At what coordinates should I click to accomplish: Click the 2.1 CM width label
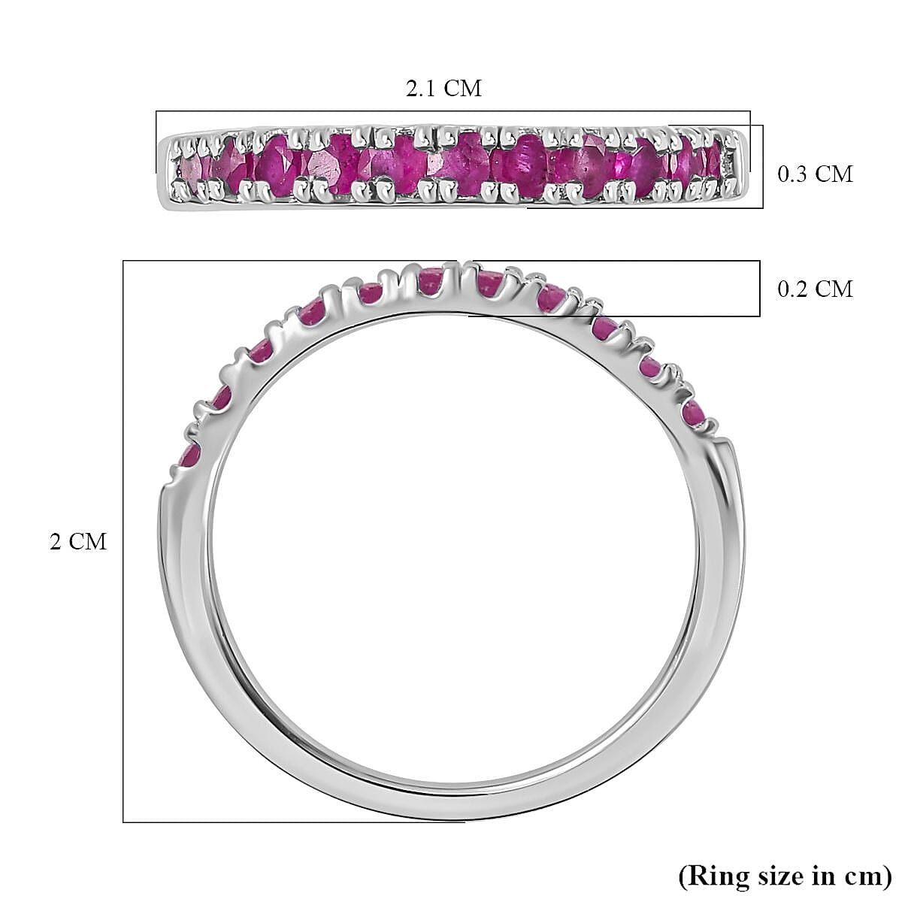(x=443, y=89)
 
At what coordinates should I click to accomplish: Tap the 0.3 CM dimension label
(x=815, y=174)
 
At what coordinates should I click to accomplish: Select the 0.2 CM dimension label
(x=815, y=289)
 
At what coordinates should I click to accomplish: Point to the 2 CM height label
(x=78, y=541)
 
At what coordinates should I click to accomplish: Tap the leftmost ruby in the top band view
(x=189, y=168)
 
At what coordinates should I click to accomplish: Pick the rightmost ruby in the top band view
(x=713, y=160)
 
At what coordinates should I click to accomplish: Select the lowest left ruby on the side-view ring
(x=189, y=454)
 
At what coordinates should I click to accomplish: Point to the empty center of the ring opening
(x=451, y=541)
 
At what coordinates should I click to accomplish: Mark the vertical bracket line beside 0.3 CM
(x=763, y=167)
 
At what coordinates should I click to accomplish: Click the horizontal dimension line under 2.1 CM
(x=451, y=111)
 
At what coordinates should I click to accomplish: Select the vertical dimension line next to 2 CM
(x=123, y=541)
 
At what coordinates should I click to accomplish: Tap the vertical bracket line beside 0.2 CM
(x=760, y=289)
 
